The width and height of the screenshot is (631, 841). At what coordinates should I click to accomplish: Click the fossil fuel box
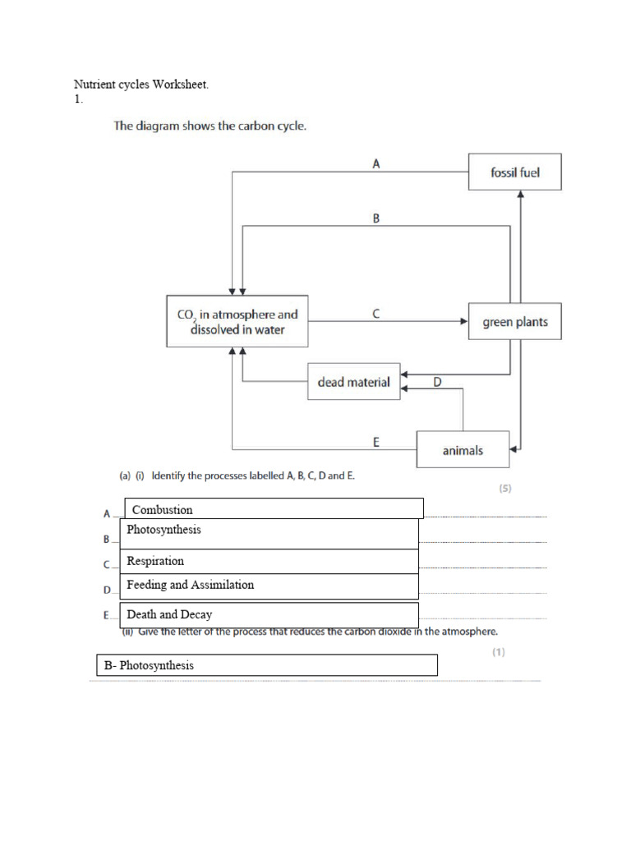tap(514, 172)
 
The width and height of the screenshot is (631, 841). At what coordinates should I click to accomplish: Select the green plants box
tap(514, 322)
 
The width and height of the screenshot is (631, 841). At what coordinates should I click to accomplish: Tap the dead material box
tap(353, 382)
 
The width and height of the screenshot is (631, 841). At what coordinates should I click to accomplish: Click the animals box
tap(463, 450)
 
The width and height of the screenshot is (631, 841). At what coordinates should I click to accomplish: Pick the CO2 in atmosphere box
tap(237, 322)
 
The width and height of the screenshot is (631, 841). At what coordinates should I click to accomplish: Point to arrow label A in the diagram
tap(375, 164)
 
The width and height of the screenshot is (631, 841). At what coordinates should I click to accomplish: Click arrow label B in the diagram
tap(375, 219)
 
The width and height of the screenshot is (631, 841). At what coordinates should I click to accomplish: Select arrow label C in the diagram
tap(375, 314)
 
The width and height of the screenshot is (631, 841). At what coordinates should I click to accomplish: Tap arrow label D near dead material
tap(437, 382)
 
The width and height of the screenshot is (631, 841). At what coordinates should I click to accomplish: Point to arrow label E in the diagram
tap(375, 442)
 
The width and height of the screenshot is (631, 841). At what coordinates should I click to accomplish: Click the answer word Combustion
tap(163, 510)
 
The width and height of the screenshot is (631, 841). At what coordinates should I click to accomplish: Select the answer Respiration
tap(155, 561)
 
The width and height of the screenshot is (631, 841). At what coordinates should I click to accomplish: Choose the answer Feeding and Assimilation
tap(190, 585)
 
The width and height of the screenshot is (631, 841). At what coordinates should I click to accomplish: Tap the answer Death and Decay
tap(169, 614)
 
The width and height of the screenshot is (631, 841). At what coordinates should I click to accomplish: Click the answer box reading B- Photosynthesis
tap(266, 665)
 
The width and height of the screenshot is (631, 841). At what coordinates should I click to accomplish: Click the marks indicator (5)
tap(505, 488)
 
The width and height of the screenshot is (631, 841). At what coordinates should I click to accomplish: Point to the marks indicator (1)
tap(499, 653)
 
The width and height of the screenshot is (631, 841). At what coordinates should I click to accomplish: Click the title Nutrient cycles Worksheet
tap(147, 85)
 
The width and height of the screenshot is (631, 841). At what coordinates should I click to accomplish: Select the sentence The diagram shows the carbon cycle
tap(210, 126)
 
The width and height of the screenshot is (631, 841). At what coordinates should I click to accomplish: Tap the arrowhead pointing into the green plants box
tap(463, 322)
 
